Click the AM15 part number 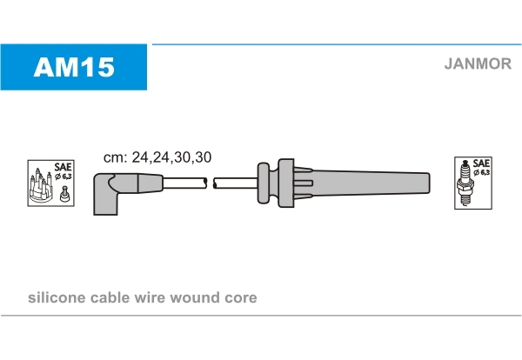point(74,67)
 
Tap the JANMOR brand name point(478,63)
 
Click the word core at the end point(241,297)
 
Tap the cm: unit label point(115,157)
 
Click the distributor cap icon point(41,186)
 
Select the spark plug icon point(465,183)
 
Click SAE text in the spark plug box point(481,163)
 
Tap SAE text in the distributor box point(64,166)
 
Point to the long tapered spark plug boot point(361,183)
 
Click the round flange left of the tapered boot point(263,183)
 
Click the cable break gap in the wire point(210,183)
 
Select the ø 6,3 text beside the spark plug point(482,172)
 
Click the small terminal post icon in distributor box point(64,194)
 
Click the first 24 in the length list point(140,157)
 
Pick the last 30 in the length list point(203,157)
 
